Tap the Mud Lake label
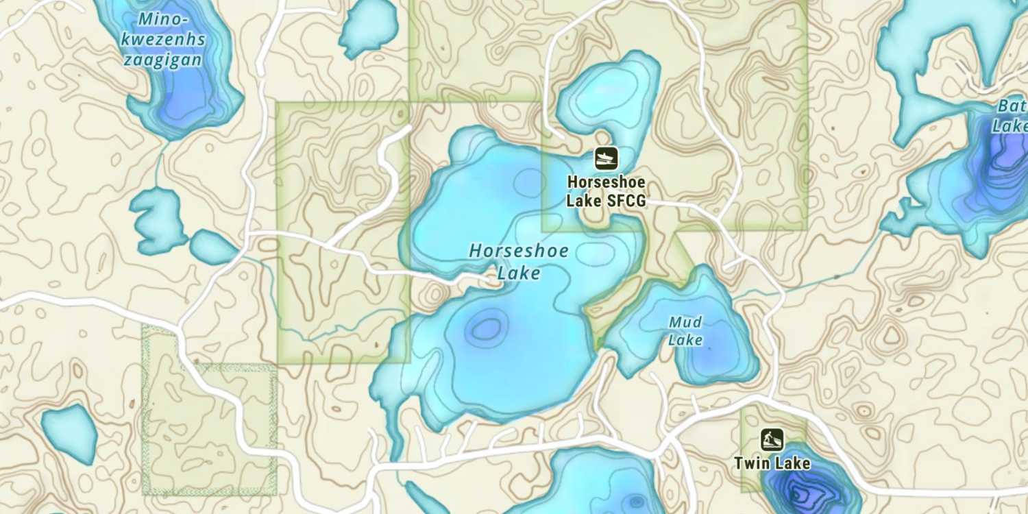click(685, 330)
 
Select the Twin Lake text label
click(772, 463)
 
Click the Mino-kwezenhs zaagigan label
click(163, 40)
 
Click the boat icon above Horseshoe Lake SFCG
click(606, 158)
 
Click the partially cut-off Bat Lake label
click(1012, 117)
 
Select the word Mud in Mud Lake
click(685, 321)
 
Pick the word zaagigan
click(163, 60)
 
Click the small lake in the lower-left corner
click(69, 432)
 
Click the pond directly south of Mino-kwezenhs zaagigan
click(158, 219)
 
